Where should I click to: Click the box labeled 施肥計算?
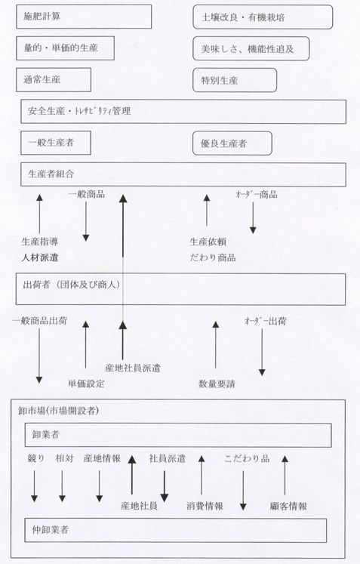[84, 17]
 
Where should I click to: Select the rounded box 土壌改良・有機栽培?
[263, 17]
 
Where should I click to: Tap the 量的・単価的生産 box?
[65, 48]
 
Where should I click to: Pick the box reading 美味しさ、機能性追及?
[251, 48]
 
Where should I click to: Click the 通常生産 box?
[54, 79]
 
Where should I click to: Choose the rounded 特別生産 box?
[235, 80]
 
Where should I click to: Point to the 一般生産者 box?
[56, 143]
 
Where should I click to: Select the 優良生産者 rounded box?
[232, 143]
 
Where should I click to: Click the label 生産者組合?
[51, 174]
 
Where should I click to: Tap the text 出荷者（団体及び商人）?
[72, 285]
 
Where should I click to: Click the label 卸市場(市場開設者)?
[59, 411]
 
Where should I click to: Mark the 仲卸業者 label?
[51, 529]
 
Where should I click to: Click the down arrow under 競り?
[35, 486]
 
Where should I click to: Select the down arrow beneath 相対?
[62, 486]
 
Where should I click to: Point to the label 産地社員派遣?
[133, 368]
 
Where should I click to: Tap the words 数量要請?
[217, 384]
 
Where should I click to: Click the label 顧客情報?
[288, 507]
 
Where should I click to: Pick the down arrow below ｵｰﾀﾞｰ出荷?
[262, 352]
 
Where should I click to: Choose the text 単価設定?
[86, 384]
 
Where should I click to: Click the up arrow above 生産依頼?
[207, 211]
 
